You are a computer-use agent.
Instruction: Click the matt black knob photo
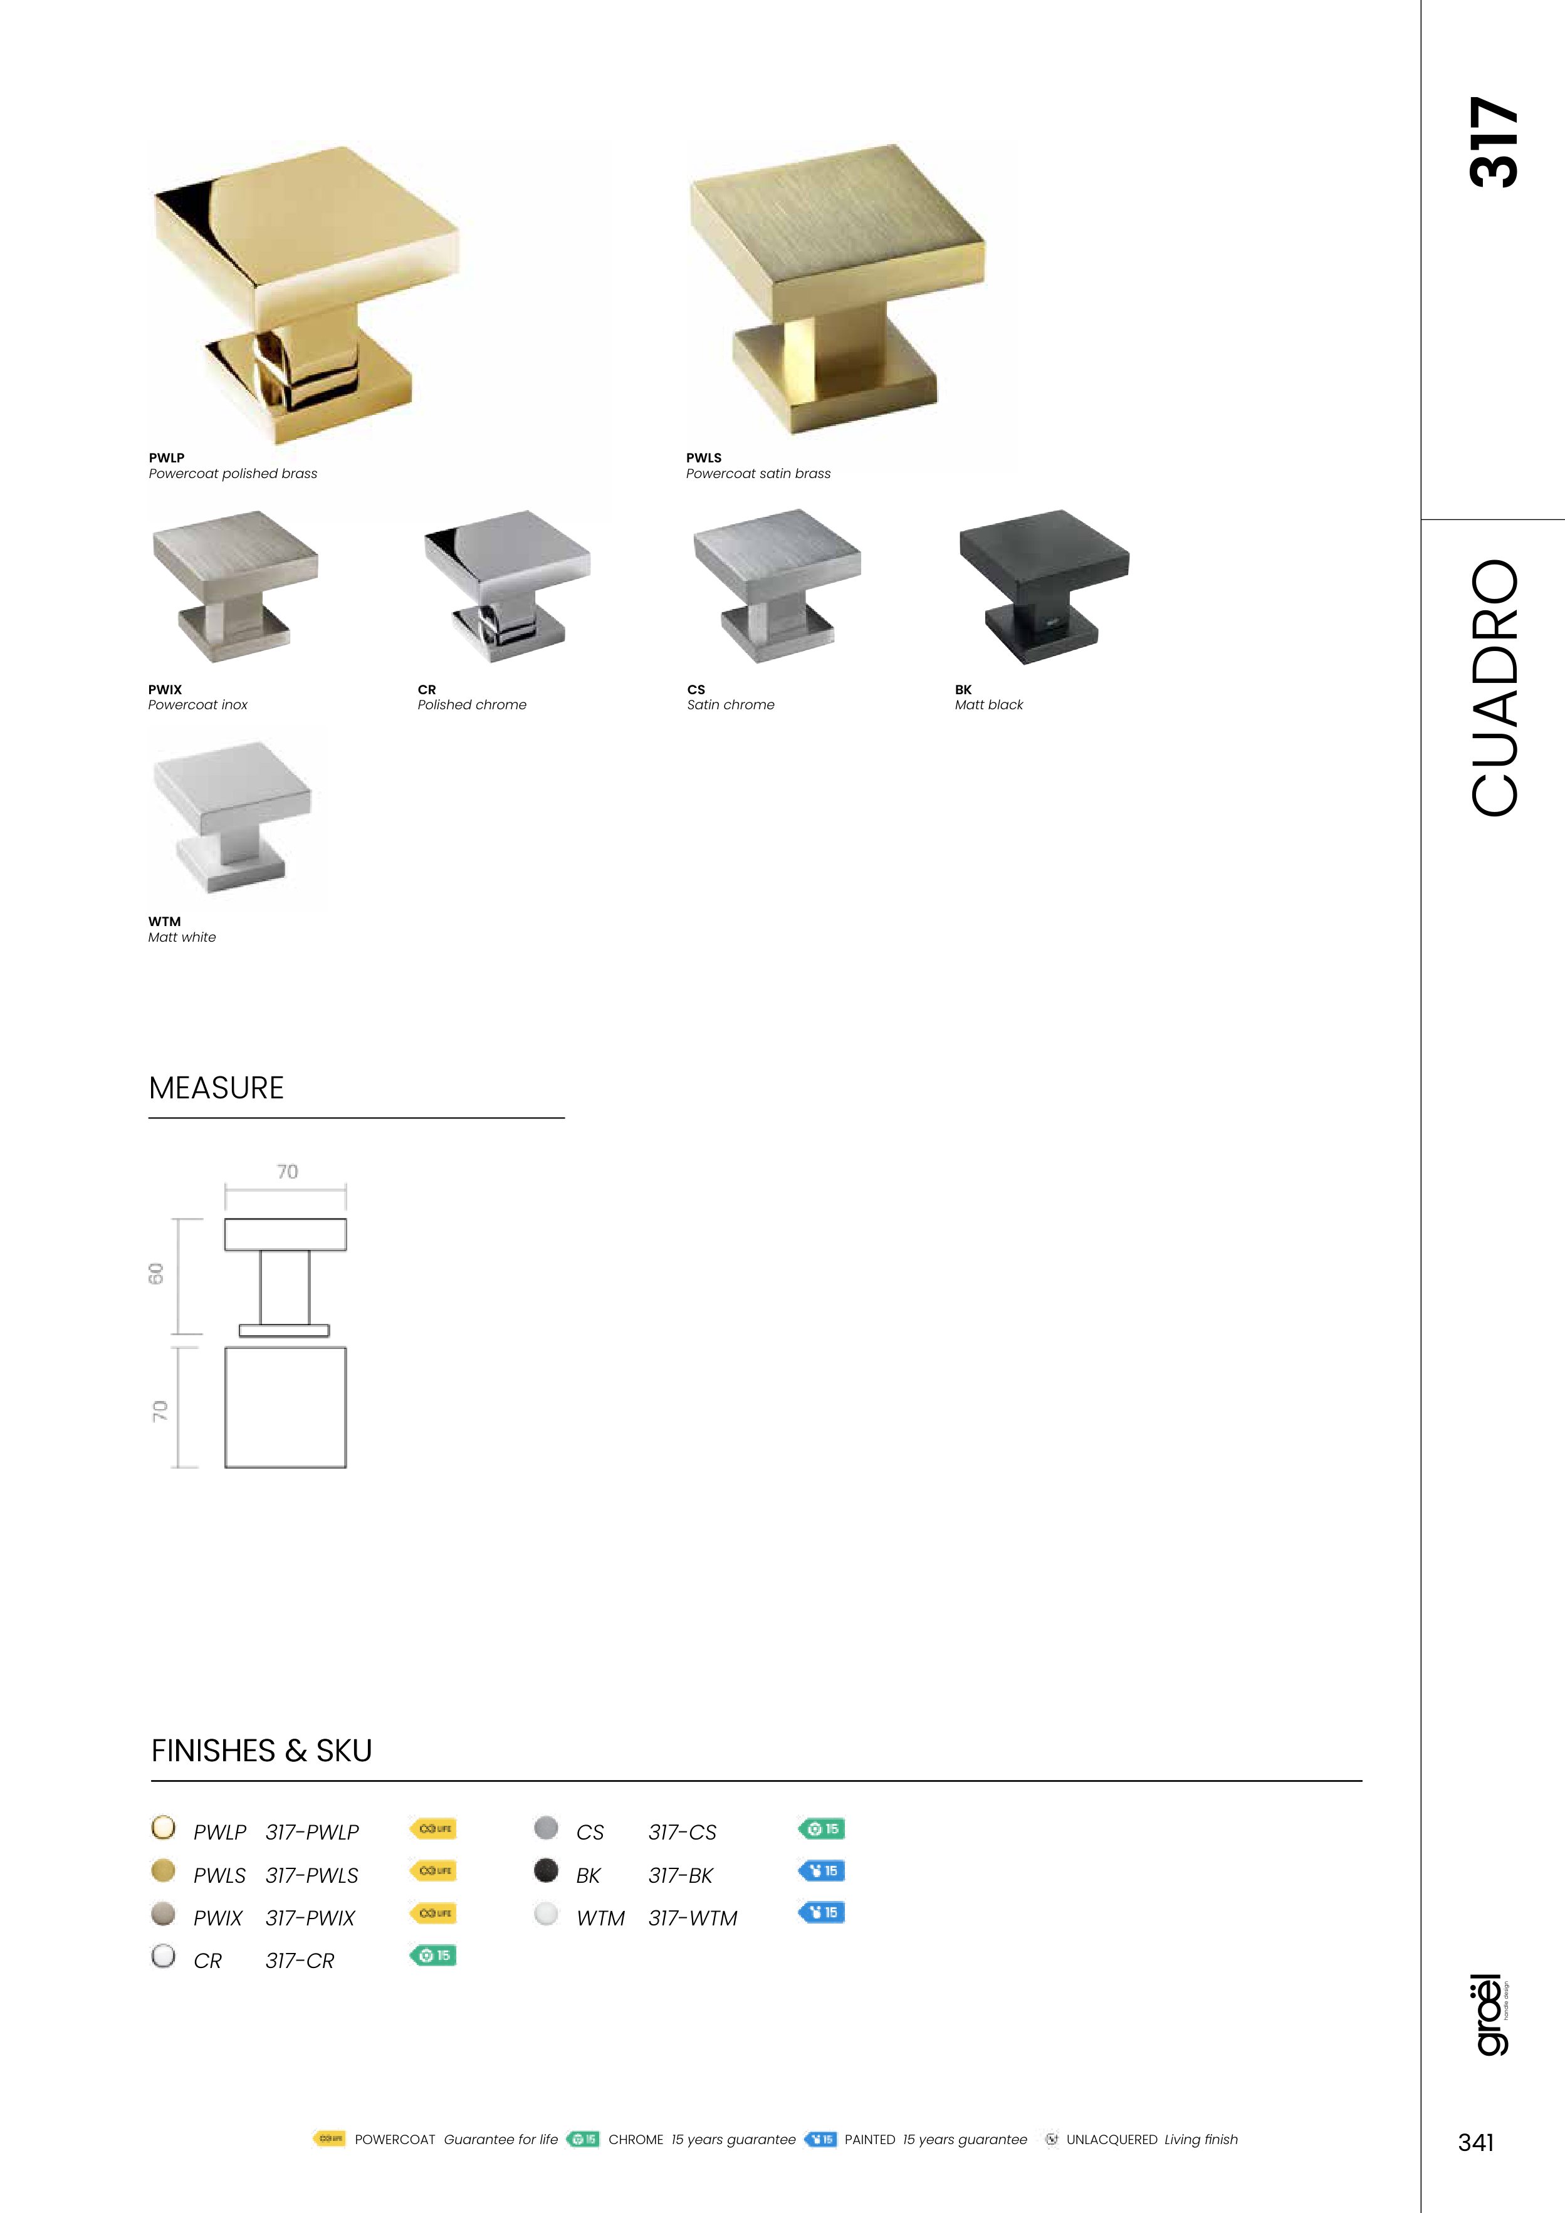(x=1044, y=586)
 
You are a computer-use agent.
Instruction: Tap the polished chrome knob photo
(x=507, y=585)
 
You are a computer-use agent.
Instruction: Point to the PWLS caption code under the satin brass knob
(x=704, y=458)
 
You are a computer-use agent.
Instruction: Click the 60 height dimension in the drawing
(x=156, y=1273)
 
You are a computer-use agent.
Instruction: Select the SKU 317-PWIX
(x=310, y=1918)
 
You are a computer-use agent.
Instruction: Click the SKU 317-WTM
(x=693, y=1918)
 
